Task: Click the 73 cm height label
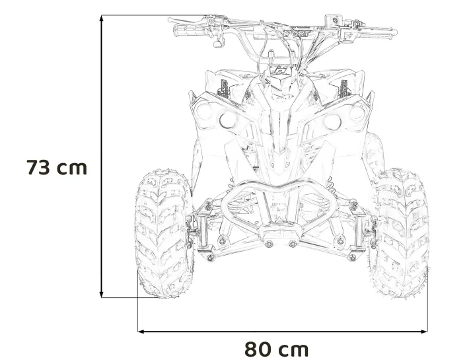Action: pos(57,167)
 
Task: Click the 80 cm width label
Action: pos(276,349)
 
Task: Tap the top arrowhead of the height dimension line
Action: pos(102,18)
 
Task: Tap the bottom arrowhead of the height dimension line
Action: pos(102,294)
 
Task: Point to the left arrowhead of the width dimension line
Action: pos(141,332)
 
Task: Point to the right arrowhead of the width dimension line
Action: pos(424,332)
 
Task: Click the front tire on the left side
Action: pos(164,234)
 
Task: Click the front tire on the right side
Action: pos(400,233)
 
